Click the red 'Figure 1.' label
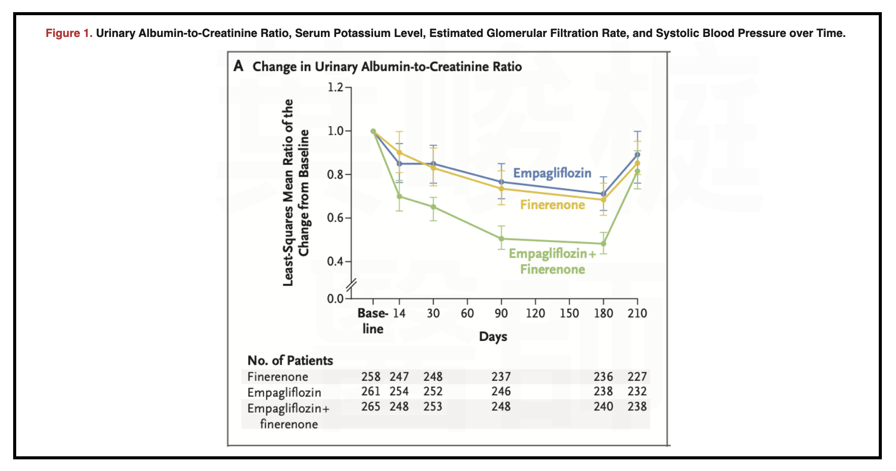pos(69,33)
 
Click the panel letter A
pos(238,66)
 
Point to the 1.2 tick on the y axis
pos(335,88)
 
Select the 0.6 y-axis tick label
pos(335,218)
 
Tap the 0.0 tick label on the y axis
pos(335,298)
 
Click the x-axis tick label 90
pos(501,313)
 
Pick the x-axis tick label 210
pos(637,313)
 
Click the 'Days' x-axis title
pos(493,337)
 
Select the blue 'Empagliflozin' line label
pos(552,173)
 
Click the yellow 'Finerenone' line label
pos(552,205)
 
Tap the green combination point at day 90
pos(501,239)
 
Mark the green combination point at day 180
pos(603,244)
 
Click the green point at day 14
pos(399,197)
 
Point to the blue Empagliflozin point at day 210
pos(637,154)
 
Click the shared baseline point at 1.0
pos(373,131)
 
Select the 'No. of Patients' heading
pos(290,361)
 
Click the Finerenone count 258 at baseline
pos(371,377)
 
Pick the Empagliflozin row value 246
pos(501,391)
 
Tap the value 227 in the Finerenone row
pos(637,377)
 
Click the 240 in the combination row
pos(603,407)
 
